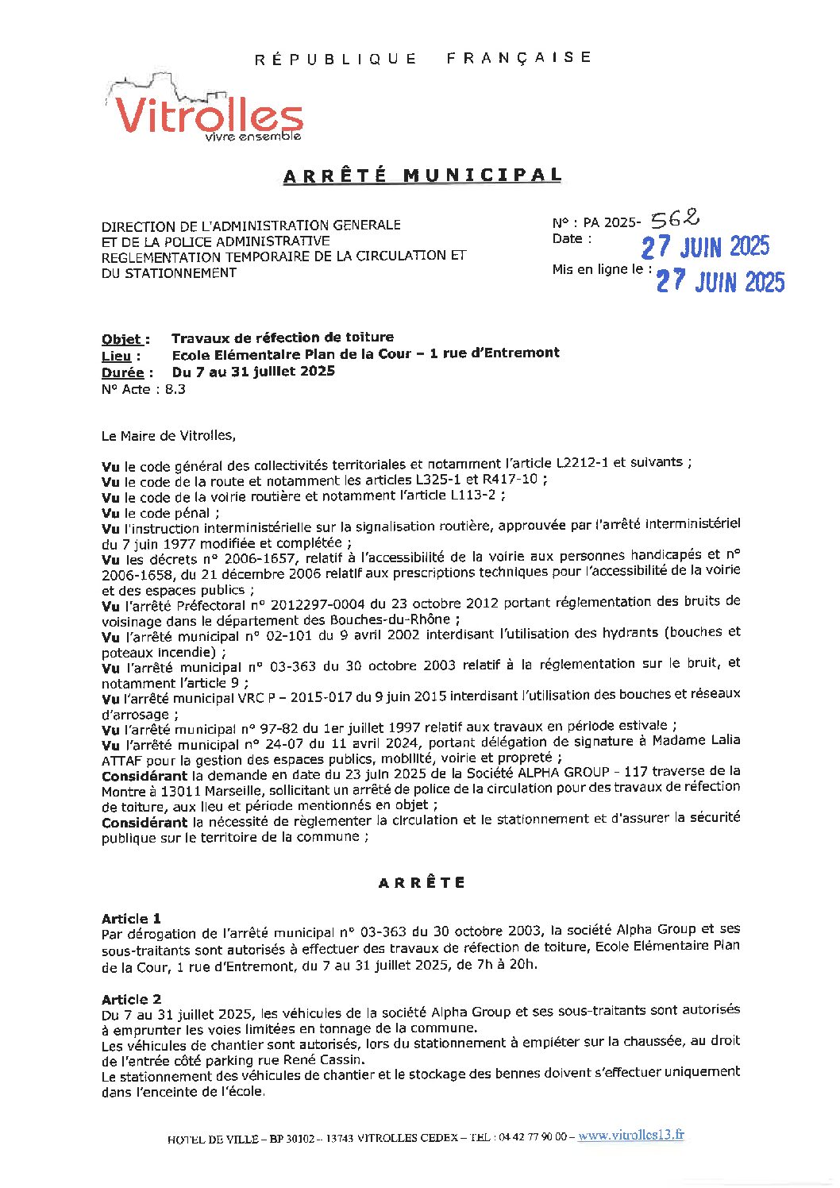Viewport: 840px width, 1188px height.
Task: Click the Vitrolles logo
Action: (205, 111)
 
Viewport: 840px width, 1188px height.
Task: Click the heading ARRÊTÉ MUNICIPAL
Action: (422, 175)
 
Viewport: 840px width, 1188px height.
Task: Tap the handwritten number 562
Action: (674, 218)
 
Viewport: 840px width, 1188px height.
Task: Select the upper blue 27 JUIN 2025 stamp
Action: (705, 247)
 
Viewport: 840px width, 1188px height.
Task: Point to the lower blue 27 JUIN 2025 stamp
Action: (720, 282)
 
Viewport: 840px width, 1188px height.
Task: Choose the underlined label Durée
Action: (122, 372)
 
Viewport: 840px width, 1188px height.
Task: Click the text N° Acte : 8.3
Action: (143, 389)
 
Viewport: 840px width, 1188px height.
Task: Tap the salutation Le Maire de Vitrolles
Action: (168, 435)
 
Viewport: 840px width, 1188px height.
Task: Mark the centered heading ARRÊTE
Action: (422, 882)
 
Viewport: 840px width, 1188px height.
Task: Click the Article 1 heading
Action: (131, 919)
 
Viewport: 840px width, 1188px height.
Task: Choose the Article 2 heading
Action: (131, 999)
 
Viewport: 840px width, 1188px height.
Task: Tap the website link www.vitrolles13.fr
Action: (630, 1136)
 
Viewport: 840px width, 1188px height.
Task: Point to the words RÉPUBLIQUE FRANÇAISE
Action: (422, 58)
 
